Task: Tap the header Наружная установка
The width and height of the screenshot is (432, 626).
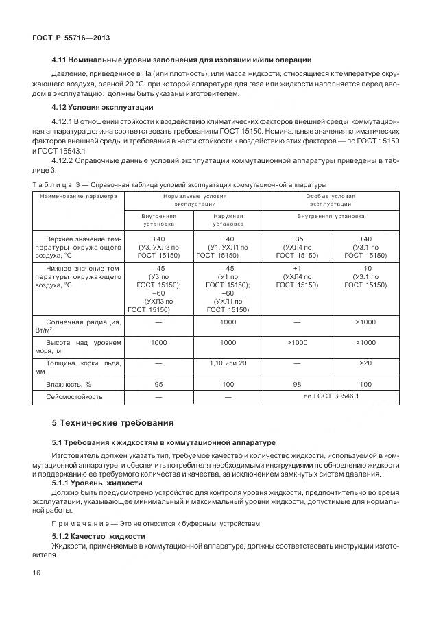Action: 228,219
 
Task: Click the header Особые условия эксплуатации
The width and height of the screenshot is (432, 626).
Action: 331,200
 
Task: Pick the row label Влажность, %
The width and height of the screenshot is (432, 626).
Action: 69,384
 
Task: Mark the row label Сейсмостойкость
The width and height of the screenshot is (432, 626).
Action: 74,396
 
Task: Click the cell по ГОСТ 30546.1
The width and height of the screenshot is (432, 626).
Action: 331,396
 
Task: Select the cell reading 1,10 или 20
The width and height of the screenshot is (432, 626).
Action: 228,363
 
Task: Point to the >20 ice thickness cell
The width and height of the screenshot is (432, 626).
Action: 365,363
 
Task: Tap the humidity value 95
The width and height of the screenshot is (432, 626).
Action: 159,384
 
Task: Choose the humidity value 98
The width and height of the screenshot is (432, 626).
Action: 297,384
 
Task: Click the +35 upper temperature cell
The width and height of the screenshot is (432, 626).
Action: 297,239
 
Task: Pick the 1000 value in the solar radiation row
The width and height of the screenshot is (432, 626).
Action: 228,321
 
